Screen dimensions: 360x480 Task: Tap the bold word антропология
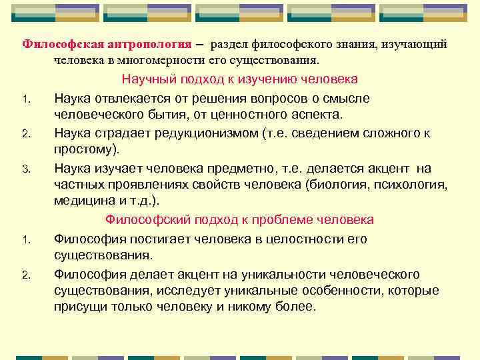[147, 44]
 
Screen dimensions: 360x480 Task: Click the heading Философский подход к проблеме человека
[240, 220]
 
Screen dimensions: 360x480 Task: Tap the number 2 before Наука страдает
[24, 133]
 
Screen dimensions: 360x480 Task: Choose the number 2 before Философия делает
[24, 274]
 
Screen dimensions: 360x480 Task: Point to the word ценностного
[280, 115]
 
